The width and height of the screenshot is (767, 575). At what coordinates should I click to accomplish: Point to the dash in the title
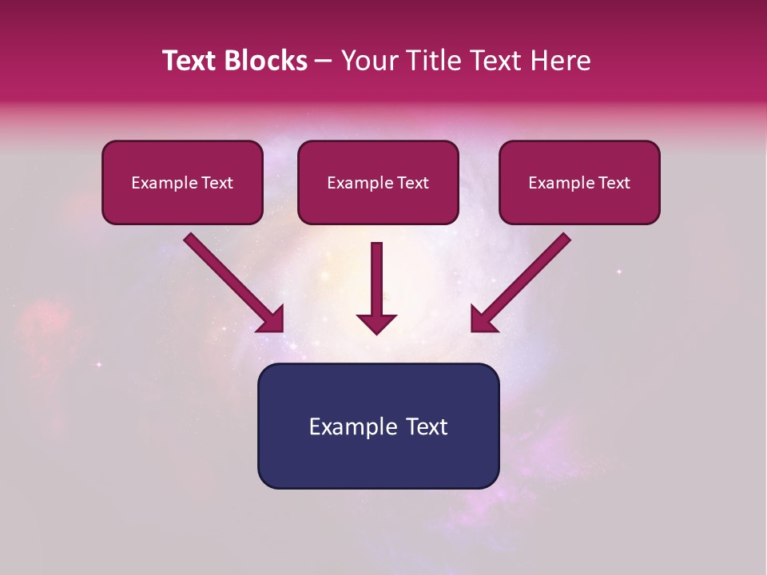tap(324, 61)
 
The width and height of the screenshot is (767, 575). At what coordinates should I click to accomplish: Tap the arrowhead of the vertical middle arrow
tap(376, 323)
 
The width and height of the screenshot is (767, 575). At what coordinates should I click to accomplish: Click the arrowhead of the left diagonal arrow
tap(272, 320)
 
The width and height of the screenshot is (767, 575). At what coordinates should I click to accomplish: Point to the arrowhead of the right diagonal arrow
tap(482, 320)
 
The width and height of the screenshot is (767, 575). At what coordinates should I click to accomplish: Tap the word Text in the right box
tap(614, 183)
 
